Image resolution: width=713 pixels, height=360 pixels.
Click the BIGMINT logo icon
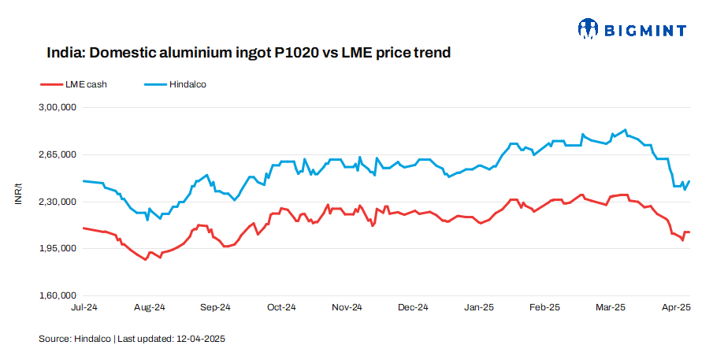[x=588, y=30]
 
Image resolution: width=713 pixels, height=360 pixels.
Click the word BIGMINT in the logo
[x=644, y=31]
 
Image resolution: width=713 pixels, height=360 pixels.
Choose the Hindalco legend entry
[x=187, y=84]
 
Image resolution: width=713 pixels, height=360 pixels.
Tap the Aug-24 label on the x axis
[x=149, y=306]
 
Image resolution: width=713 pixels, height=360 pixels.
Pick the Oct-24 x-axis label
[x=280, y=306]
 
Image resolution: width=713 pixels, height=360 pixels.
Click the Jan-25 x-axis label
[x=477, y=306]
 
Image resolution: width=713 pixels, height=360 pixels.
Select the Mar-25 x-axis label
[x=609, y=306]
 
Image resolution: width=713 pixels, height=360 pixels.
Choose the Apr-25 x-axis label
[x=674, y=306]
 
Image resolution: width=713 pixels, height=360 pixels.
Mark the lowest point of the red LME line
[x=146, y=259]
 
